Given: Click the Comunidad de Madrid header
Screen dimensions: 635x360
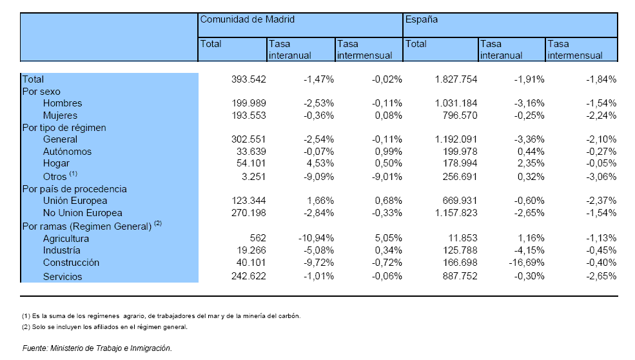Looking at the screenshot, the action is pos(247,19).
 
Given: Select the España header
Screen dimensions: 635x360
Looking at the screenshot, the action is pos(421,19).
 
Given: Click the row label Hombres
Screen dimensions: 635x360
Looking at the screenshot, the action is pos(63,103).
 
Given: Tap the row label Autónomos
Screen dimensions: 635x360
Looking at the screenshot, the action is pos(67,152).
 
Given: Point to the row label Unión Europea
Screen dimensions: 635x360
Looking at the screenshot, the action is pos(75,201).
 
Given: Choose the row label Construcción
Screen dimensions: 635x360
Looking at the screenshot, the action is pos(71,263).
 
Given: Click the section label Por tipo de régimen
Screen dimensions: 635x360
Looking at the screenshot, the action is pos(64,128).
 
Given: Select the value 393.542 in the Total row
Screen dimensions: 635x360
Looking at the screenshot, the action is pos(249,79).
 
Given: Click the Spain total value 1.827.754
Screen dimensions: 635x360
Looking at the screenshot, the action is pos(456,79).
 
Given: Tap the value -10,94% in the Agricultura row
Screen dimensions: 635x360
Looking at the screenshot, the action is pos(317,238).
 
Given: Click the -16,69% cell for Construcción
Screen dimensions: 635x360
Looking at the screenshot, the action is pos(527,263).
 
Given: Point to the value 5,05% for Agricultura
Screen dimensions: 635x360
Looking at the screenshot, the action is pos(388,238).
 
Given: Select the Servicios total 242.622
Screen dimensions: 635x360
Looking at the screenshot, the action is pos(249,277).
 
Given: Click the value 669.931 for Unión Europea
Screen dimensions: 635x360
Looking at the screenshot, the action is pos(460,201).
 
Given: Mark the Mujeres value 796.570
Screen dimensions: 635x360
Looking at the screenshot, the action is pos(460,115).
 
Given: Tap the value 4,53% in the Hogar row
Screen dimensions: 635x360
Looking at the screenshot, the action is pos(320,163).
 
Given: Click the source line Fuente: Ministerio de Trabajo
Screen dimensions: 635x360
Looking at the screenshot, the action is pos(97,348).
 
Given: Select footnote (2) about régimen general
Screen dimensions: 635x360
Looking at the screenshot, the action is pos(104,326).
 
